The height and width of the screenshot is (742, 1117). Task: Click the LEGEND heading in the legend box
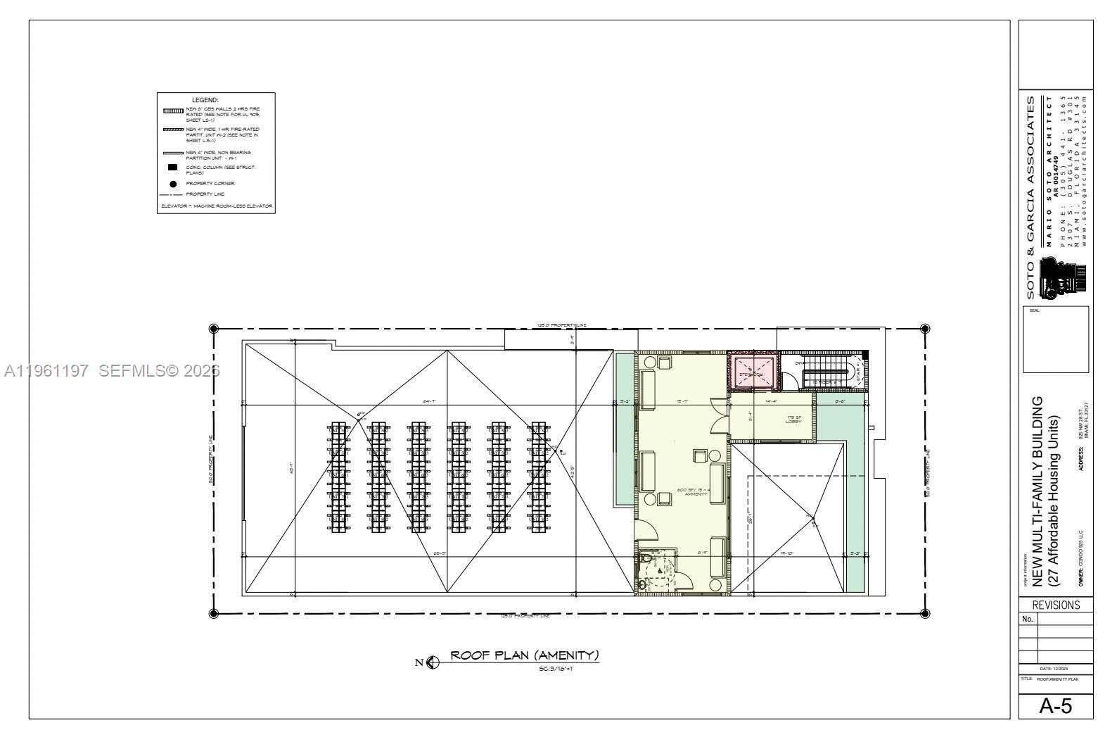(x=205, y=101)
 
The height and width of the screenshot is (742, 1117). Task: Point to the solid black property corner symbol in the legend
(x=173, y=184)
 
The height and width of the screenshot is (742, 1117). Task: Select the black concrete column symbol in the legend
(x=173, y=168)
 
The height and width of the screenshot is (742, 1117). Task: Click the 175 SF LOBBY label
(x=793, y=420)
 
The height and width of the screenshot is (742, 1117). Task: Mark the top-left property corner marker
(x=214, y=329)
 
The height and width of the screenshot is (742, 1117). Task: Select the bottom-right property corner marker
(x=925, y=613)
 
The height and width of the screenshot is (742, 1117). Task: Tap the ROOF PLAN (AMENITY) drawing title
(x=525, y=655)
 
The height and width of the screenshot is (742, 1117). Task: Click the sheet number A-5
(x=1056, y=706)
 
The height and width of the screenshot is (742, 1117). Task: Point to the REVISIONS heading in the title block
(x=1056, y=605)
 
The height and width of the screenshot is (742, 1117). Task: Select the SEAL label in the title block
(x=1035, y=311)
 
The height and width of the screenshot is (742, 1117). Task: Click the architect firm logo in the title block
(x=1065, y=276)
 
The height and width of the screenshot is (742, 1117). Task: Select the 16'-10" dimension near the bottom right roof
(x=786, y=553)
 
